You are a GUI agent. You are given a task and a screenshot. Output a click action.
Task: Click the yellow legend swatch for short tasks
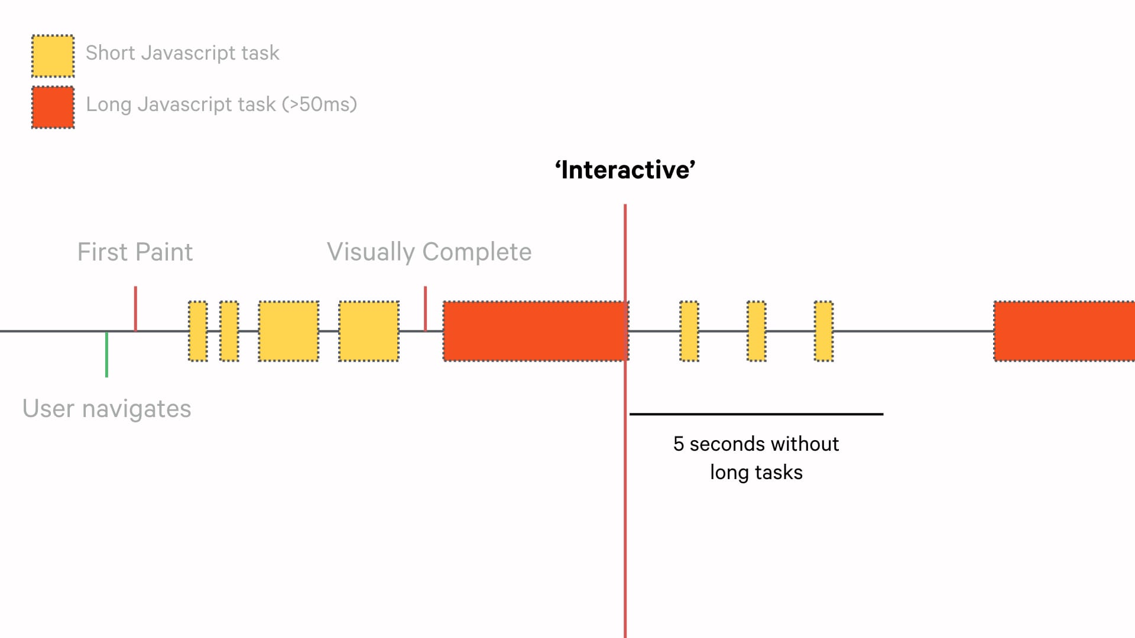pyautogui.click(x=53, y=56)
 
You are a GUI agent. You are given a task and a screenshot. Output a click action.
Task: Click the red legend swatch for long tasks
pyautogui.click(x=53, y=108)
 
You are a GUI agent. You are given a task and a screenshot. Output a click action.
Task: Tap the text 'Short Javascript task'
pyautogui.click(x=182, y=53)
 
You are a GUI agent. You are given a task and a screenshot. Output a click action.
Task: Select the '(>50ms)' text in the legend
pyautogui.click(x=319, y=105)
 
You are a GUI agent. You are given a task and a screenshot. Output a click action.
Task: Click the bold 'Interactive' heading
pyautogui.click(x=625, y=170)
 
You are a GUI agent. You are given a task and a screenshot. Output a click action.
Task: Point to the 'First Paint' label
pyautogui.click(x=135, y=252)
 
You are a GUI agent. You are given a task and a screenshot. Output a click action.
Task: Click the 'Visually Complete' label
pyautogui.click(x=429, y=252)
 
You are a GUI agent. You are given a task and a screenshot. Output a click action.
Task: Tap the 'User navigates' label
pyautogui.click(x=106, y=409)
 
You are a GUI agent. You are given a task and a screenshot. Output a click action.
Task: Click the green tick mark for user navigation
pyautogui.click(x=106, y=354)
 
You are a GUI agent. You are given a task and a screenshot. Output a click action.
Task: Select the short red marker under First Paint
pyautogui.click(x=135, y=308)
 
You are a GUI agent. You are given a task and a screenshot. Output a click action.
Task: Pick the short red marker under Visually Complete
pyautogui.click(x=425, y=308)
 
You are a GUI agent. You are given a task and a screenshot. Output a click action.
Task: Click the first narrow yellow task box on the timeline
pyautogui.click(x=198, y=331)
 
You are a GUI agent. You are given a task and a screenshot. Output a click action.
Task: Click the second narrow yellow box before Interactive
pyautogui.click(x=229, y=331)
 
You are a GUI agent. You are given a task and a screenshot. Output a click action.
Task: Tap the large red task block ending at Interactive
pyautogui.click(x=535, y=331)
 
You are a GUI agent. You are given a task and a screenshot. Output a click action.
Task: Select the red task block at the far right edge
pyautogui.click(x=1064, y=331)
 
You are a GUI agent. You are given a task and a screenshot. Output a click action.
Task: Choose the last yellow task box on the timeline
pyautogui.click(x=823, y=331)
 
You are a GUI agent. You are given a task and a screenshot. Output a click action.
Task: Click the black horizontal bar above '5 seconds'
pyautogui.click(x=756, y=414)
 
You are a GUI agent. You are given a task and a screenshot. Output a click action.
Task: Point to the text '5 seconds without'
pyautogui.click(x=756, y=444)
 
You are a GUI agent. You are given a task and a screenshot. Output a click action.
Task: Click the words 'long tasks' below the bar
pyautogui.click(x=756, y=473)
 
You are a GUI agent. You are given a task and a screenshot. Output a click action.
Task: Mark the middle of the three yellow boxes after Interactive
pyautogui.click(x=756, y=331)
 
